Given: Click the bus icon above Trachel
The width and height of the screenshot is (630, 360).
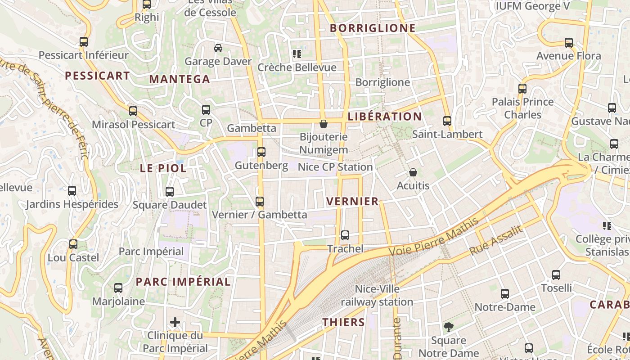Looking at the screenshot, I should [x=345, y=235].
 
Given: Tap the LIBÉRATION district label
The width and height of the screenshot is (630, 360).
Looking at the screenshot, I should [x=385, y=117].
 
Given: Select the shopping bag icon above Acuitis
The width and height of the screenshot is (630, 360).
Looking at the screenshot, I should [x=413, y=172].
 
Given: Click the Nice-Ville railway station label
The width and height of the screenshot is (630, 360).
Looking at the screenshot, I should [x=377, y=295].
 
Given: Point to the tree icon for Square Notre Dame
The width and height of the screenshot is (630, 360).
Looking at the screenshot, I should [x=448, y=327].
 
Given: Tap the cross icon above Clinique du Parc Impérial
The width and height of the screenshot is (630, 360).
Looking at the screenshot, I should [x=175, y=322].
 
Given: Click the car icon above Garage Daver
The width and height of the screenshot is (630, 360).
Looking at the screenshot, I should [x=218, y=48].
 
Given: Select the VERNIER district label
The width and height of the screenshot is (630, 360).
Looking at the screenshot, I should [x=352, y=201].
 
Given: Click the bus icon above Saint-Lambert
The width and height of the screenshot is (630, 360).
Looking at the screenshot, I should [x=447, y=121].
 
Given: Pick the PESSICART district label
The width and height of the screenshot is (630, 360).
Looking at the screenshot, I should [x=97, y=76].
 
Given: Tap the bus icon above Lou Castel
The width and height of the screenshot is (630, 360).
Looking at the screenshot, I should [x=73, y=244].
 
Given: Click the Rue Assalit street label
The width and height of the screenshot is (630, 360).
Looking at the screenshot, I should [x=496, y=240].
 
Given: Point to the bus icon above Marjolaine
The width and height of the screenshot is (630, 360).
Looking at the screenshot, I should [x=118, y=288].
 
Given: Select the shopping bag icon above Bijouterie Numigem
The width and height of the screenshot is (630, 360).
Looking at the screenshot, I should [x=323, y=124].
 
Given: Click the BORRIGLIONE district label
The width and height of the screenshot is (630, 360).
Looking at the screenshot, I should [x=373, y=28].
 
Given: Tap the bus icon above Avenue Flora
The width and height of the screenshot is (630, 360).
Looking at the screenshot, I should [x=569, y=43].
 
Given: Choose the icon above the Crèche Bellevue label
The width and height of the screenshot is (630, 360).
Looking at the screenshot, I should [x=297, y=54].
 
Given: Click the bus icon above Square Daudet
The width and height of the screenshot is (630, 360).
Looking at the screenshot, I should [x=170, y=192].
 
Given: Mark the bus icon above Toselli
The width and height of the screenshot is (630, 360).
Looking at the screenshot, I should [x=556, y=275].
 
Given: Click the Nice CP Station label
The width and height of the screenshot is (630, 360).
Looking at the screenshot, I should [x=335, y=167].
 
